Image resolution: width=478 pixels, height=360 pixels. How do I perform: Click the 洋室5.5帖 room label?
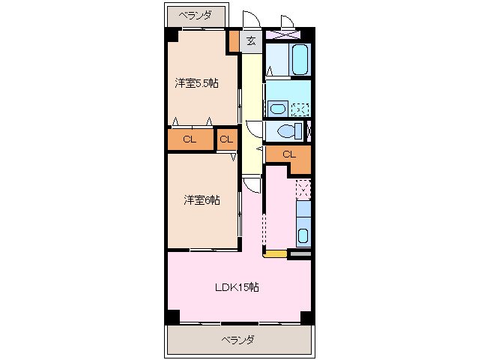197,83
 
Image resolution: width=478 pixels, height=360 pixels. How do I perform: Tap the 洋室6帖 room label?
202,199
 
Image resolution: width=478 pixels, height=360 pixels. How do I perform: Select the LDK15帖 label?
237,286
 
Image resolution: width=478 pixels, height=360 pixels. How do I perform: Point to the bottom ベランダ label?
238,340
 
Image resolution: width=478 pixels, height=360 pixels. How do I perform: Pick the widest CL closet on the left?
190,139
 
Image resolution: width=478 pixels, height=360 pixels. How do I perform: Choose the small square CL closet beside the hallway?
226,139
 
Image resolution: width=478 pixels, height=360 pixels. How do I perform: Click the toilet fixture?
287,130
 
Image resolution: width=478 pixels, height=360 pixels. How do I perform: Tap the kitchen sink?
303,235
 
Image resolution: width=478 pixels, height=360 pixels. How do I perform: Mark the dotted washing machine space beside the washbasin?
300,108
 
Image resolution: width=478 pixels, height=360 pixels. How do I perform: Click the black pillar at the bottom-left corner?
172,316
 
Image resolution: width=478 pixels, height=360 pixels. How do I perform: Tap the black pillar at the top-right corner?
307,34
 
